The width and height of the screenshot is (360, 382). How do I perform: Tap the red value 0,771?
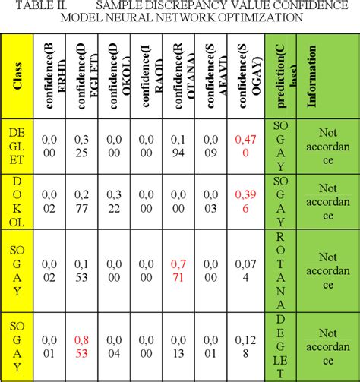click(x=177, y=270)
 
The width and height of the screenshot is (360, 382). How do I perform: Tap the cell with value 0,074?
click(x=245, y=270)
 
